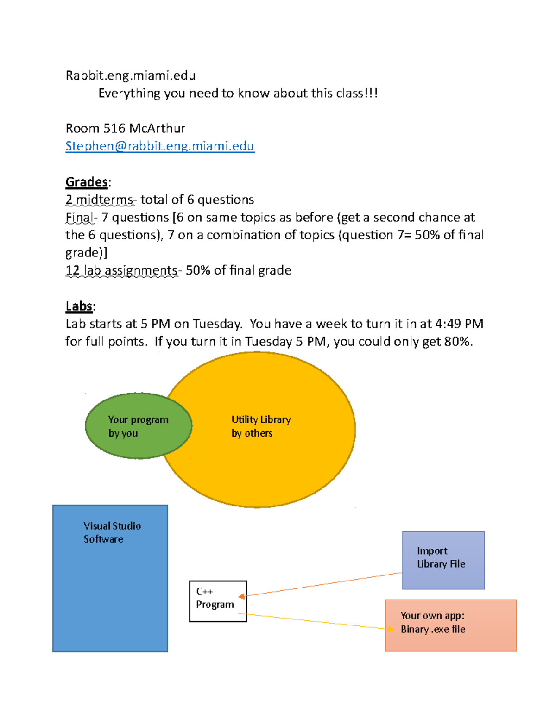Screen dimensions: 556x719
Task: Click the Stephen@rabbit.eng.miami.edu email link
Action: (x=160, y=146)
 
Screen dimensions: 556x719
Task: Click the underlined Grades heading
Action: (x=87, y=182)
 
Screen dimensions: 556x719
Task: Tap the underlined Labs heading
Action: (x=79, y=306)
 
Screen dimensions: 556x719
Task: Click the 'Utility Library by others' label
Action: (x=260, y=426)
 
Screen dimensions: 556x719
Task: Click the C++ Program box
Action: (x=218, y=601)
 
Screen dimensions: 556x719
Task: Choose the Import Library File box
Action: (x=443, y=560)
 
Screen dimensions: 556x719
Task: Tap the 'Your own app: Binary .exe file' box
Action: (x=450, y=625)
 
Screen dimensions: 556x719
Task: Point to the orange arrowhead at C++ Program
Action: (x=241, y=596)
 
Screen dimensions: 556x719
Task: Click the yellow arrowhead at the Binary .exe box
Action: (x=391, y=629)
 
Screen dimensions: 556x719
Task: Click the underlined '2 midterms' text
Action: (x=99, y=200)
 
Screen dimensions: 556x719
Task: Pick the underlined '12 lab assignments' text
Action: (x=121, y=270)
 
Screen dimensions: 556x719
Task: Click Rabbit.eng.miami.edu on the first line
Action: (x=131, y=75)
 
